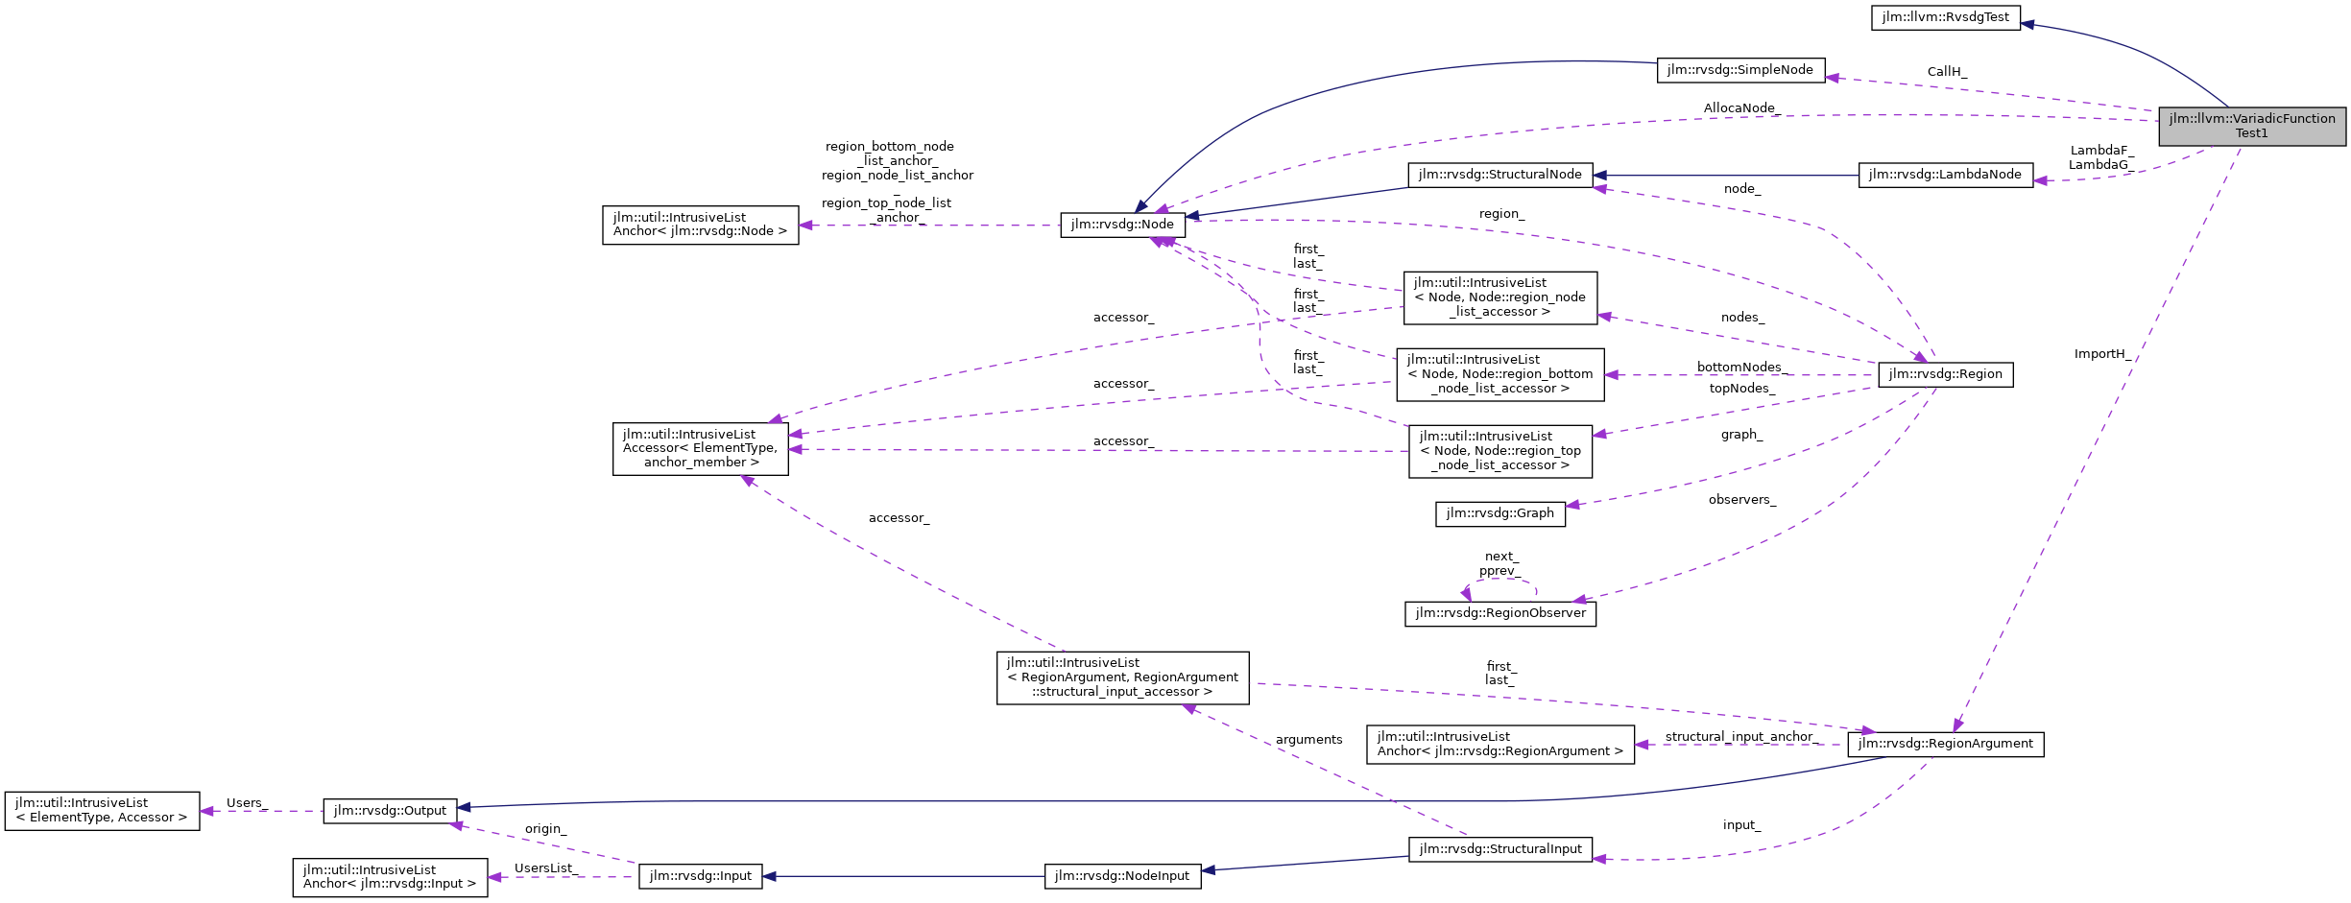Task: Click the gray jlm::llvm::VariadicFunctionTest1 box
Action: (2251, 126)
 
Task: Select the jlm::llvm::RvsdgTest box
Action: (1945, 17)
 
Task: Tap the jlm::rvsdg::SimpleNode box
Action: (1739, 70)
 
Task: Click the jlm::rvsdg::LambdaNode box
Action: (1945, 175)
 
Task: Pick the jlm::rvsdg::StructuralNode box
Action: (1499, 175)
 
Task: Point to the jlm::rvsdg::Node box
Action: (1122, 225)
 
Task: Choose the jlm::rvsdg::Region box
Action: (1945, 374)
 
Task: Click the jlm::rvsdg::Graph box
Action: (1499, 513)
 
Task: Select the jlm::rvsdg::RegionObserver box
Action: (1499, 613)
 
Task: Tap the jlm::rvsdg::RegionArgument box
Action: (1945, 744)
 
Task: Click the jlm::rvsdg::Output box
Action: (390, 811)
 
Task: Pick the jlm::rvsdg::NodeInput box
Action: (1121, 876)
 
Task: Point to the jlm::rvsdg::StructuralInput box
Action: (1499, 849)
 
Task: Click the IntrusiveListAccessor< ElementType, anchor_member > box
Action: (700, 448)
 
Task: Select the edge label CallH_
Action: (1947, 72)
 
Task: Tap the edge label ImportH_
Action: (2102, 354)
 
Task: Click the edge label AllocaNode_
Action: (1741, 108)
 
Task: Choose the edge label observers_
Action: (1741, 500)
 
